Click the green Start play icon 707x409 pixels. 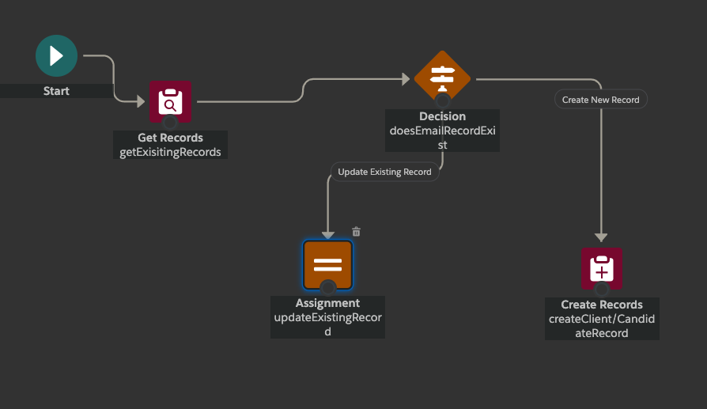pyautogui.click(x=56, y=56)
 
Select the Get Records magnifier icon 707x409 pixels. pyautogui.click(x=170, y=101)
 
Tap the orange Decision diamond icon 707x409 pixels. pyautogui.click(x=442, y=78)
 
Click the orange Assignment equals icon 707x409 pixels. pyautogui.click(x=327, y=264)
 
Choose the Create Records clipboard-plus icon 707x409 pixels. pyautogui.click(x=602, y=269)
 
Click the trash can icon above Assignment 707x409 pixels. pyautogui.click(x=356, y=232)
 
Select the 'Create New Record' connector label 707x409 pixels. pyautogui.click(x=601, y=100)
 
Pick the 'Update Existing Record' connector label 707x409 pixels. pyautogui.click(x=384, y=172)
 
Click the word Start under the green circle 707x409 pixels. pyautogui.click(x=56, y=91)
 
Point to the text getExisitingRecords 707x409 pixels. pyautogui.click(x=170, y=152)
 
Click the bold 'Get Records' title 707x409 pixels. pyautogui.click(x=170, y=138)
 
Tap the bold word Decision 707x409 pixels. pyautogui.click(x=442, y=116)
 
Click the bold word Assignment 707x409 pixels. pyautogui.click(x=327, y=303)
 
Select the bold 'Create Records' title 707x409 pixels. pyautogui.click(x=602, y=305)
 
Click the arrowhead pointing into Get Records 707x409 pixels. pyautogui.click(x=141, y=100)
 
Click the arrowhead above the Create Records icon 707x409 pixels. pyautogui.click(x=601, y=237)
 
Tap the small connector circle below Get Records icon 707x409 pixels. pyautogui.click(x=170, y=122)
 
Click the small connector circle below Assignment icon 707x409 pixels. pyautogui.click(x=327, y=286)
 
